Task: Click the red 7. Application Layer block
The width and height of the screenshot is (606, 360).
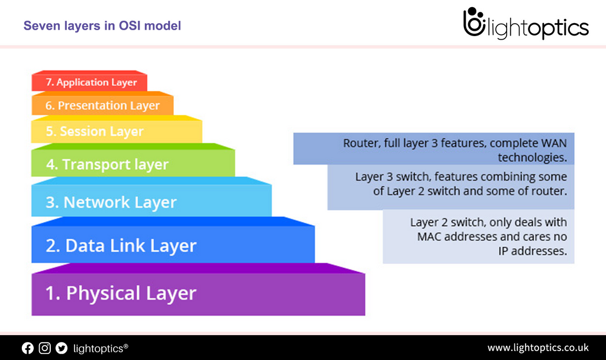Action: tap(89, 83)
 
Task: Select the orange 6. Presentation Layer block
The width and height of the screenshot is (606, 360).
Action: tap(102, 106)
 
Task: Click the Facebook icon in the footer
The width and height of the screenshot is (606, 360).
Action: tap(28, 348)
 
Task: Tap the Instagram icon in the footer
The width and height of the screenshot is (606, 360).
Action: tap(44, 348)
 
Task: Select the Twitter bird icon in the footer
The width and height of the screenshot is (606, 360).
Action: tap(62, 348)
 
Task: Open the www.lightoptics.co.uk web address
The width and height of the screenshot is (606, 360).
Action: tap(537, 348)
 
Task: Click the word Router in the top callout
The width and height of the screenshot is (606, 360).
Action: tap(359, 144)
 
